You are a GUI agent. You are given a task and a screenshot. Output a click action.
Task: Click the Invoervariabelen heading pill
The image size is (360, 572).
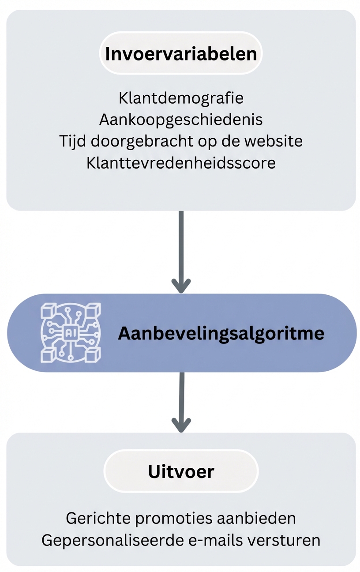tap(181, 54)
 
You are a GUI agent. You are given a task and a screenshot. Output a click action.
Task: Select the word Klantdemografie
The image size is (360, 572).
tap(181, 98)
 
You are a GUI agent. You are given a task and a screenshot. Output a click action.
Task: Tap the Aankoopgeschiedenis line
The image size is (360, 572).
tap(181, 119)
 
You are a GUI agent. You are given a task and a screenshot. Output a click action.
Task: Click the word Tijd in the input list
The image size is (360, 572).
tap(73, 141)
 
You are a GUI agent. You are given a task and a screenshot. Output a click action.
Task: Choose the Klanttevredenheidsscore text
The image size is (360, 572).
tap(181, 162)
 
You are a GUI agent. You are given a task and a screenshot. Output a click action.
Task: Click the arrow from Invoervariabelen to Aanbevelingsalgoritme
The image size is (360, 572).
tap(181, 247)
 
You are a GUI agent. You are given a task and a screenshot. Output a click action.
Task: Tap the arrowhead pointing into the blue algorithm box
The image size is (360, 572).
tap(181, 286)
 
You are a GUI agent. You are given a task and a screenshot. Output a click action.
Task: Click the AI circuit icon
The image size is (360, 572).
tap(71, 333)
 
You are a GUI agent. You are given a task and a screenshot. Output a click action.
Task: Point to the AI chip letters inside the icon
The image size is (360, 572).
tap(71, 333)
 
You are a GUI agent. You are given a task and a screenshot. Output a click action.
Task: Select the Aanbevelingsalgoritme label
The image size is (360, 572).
tap(221, 333)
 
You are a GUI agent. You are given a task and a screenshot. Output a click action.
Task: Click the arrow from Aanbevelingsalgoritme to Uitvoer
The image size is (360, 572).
tap(181, 397)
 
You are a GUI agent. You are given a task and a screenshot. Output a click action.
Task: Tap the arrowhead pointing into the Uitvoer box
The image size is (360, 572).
tap(181, 425)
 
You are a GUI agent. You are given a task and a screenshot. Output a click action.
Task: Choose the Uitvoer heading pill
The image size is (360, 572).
tap(181, 471)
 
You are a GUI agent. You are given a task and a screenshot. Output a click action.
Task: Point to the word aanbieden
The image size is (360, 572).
tap(256, 518)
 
